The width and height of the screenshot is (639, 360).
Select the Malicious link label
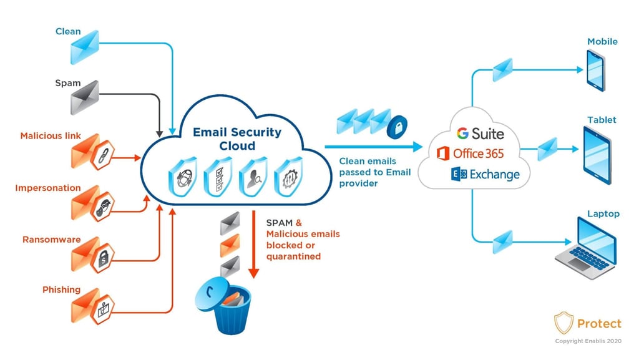click(x=51, y=136)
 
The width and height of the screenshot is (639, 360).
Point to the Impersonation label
click(x=48, y=188)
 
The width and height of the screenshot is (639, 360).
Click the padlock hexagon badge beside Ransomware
click(x=102, y=256)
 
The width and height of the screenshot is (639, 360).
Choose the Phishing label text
click(x=61, y=289)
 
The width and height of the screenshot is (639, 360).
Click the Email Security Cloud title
click(x=237, y=139)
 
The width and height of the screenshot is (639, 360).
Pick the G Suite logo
click(x=480, y=133)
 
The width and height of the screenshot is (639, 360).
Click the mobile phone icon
click(x=595, y=70)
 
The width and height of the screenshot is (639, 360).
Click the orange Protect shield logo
click(x=563, y=323)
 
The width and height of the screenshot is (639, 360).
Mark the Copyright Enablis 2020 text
click(x=588, y=341)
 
